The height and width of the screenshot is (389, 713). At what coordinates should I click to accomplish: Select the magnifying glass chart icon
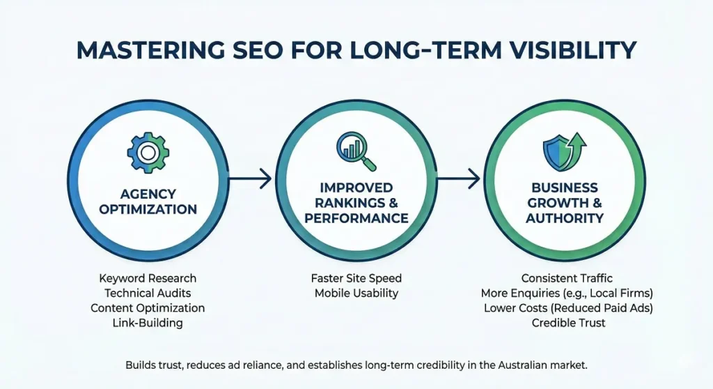tap(355, 151)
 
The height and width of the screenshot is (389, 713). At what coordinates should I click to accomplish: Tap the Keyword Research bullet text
tap(148, 278)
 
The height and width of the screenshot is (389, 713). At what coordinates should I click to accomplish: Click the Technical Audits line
tap(148, 293)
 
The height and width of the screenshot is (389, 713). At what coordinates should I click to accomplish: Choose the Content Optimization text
tap(148, 307)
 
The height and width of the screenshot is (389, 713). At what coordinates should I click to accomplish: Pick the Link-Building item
tap(148, 322)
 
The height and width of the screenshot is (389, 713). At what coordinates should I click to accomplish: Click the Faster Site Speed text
tap(356, 278)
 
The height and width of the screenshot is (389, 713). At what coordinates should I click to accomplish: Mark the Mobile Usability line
tap(356, 293)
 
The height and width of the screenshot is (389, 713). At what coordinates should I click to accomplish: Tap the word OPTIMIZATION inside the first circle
tap(148, 209)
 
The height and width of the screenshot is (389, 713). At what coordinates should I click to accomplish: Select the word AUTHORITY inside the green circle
tap(564, 218)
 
